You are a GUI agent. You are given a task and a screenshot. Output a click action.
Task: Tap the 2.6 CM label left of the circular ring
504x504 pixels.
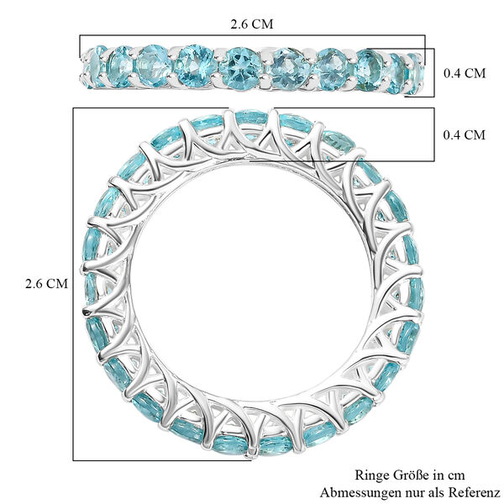pyautogui.click(x=45, y=283)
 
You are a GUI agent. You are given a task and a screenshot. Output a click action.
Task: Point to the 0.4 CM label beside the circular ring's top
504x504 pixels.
pyautogui.click(x=463, y=134)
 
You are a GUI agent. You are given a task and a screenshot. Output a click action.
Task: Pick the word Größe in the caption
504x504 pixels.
pyautogui.click(x=408, y=475)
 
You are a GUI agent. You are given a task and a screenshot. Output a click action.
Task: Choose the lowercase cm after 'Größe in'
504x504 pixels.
pyautogui.click(x=455, y=475)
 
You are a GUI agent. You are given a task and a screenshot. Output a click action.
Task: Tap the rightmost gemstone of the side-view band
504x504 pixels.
pyautogui.click(x=415, y=67)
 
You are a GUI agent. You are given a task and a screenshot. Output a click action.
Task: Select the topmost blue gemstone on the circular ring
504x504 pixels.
pyautogui.click(x=252, y=120)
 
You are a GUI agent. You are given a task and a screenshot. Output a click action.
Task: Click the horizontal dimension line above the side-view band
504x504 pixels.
pyautogui.click(x=252, y=35)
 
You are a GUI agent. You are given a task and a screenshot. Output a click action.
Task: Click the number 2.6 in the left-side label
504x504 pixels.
pyautogui.click(x=34, y=283)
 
